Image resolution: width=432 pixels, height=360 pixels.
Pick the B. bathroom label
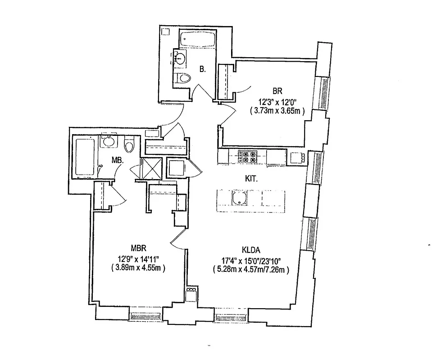[203, 69]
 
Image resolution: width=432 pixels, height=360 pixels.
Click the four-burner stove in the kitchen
[246, 156]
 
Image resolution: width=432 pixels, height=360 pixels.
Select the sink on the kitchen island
[239, 198]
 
